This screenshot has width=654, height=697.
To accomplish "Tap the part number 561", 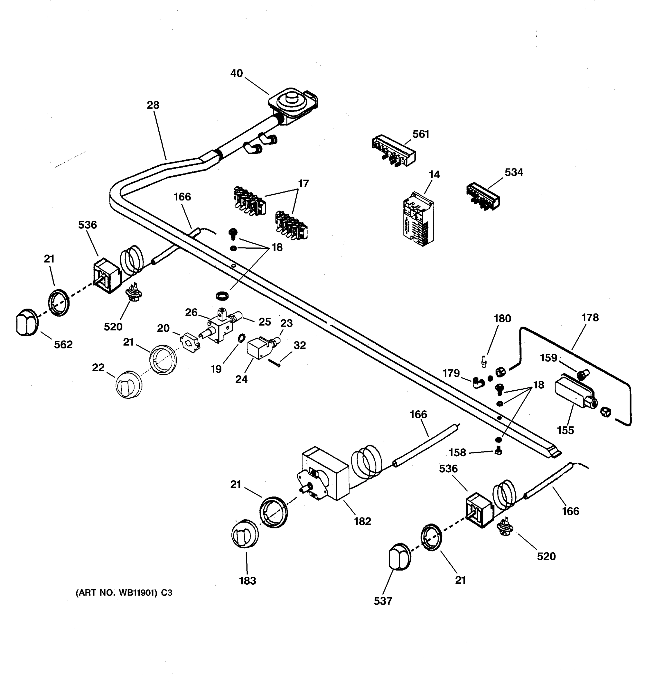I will [421, 134].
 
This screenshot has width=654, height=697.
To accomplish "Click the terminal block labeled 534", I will [483, 196].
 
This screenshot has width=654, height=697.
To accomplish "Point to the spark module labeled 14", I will [418, 219].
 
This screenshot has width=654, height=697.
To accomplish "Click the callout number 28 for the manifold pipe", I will [153, 105].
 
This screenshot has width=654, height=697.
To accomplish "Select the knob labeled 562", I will [26, 322].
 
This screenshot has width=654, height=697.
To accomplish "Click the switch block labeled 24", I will [259, 348].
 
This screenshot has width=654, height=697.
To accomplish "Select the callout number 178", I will [590, 317].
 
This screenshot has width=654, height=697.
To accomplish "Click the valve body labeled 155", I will [575, 394].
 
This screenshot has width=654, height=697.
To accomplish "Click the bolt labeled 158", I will [498, 452].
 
